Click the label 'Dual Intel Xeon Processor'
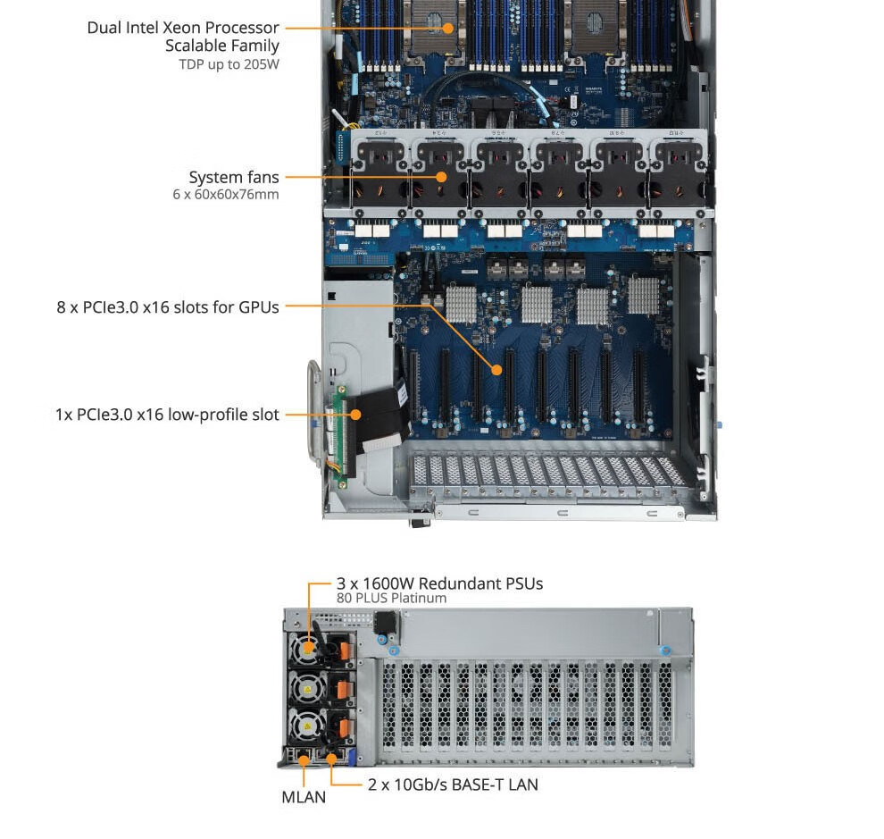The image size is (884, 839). pyautogui.click(x=182, y=28)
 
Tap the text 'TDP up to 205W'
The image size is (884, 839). pyautogui.click(x=229, y=64)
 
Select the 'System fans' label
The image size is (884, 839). pyautogui.click(x=233, y=177)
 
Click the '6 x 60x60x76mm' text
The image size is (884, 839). pyautogui.click(x=226, y=194)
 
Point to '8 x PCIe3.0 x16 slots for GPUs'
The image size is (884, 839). pyautogui.click(x=168, y=307)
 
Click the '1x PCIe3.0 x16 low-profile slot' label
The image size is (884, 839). pyautogui.click(x=167, y=415)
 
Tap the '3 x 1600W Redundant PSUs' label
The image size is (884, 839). pyautogui.click(x=439, y=583)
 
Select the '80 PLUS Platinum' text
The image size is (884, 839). pyautogui.click(x=391, y=599)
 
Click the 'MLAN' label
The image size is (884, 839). pyautogui.click(x=304, y=797)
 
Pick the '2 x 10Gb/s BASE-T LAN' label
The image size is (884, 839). pyautogui.click(x=453, y=784)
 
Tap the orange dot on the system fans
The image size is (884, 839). pyautogui.click(x=441, y=177)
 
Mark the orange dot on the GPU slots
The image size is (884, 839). pyautogui.click(x=497, y=368)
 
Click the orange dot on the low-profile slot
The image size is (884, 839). pyautogui.click(x=356, y=415)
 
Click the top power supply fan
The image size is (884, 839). pyautogui.click(x=308, y=647)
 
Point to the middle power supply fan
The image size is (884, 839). pyautogui.click(x=308, y=687)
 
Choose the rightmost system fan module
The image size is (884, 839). pyautogui.click(x=678, y=169)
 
